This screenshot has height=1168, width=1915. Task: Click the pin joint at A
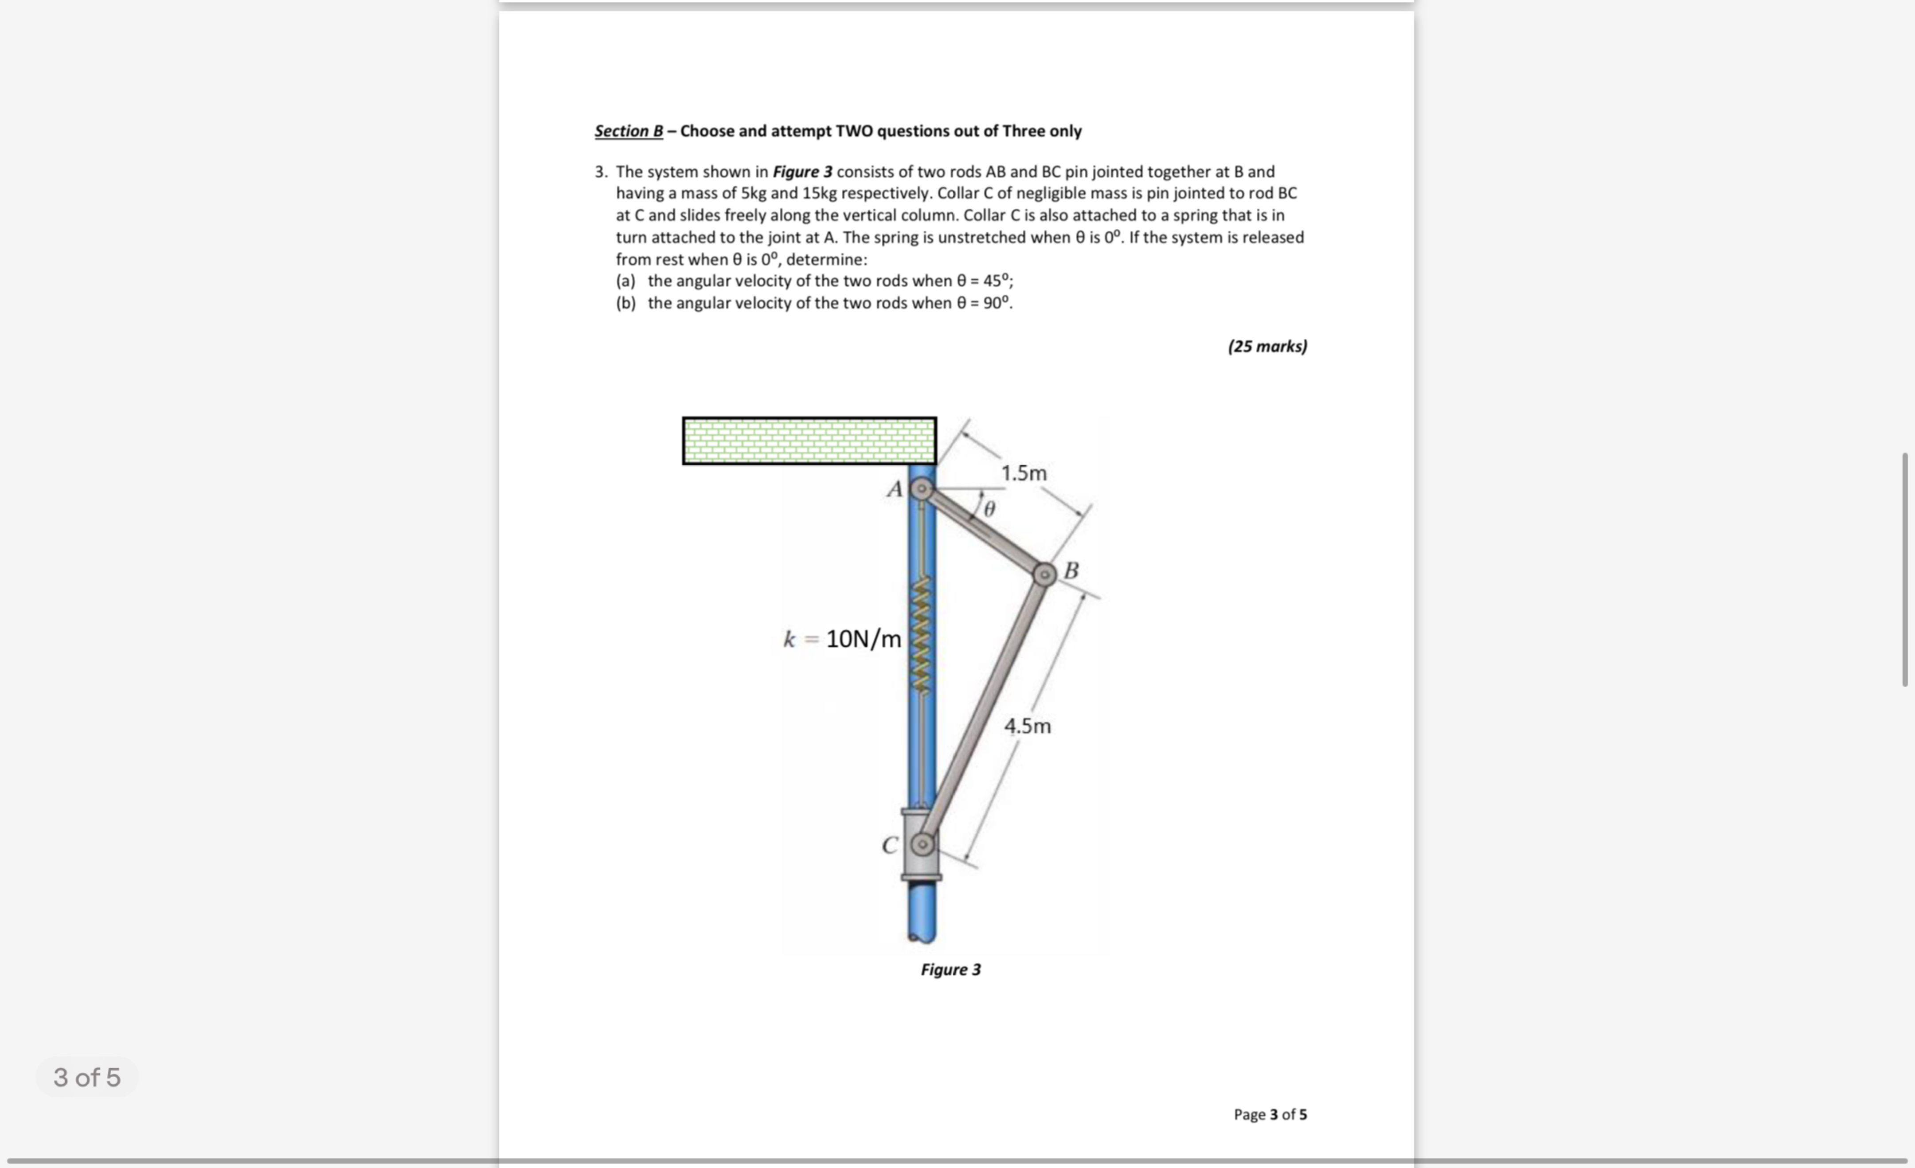coord(922,489)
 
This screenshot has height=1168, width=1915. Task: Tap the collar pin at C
coord(922,844)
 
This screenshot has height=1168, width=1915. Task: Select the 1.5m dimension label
coord(1024,473)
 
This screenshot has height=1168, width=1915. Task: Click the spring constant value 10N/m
coord(863,639)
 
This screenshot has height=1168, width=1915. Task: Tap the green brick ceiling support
coord(809,441)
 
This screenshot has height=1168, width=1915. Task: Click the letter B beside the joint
coord(1071,570)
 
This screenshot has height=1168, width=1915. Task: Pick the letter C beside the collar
coord(890,845)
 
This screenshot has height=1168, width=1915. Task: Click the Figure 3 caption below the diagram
coord(950,969)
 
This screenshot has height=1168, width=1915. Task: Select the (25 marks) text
coord(1267,346)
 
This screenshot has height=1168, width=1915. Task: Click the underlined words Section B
coord(629,131)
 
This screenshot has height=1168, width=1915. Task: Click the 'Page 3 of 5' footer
coord(1270,1113)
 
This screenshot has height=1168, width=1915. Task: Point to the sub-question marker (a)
coord(625,281)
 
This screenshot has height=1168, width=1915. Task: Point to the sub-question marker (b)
coord(625,303)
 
